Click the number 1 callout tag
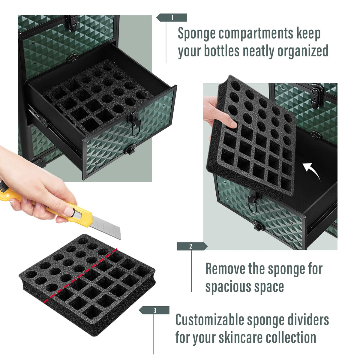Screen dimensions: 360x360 (x=172, y=18)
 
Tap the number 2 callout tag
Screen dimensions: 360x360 (x=192, y=246)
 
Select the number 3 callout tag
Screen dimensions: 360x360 (x=154, y=310)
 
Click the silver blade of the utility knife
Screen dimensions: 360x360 (x=106, y=226)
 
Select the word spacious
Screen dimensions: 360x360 (x=229, y=287)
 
